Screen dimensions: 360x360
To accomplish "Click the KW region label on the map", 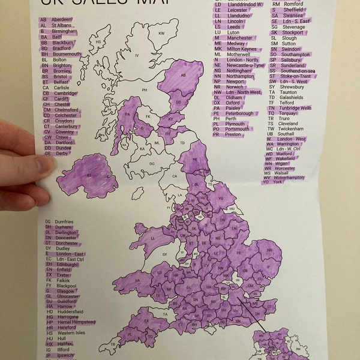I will click(x=161, y=33).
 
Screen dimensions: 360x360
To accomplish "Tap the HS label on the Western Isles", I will click(x=98, y=43).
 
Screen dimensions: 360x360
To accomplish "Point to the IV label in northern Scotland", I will click(x=137, y=56).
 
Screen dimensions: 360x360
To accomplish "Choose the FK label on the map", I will click(x=148, y=116).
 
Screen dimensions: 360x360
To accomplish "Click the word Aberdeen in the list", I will click(x=63, y=20).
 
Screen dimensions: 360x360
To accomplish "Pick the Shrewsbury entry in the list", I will click(x=292, y=86).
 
